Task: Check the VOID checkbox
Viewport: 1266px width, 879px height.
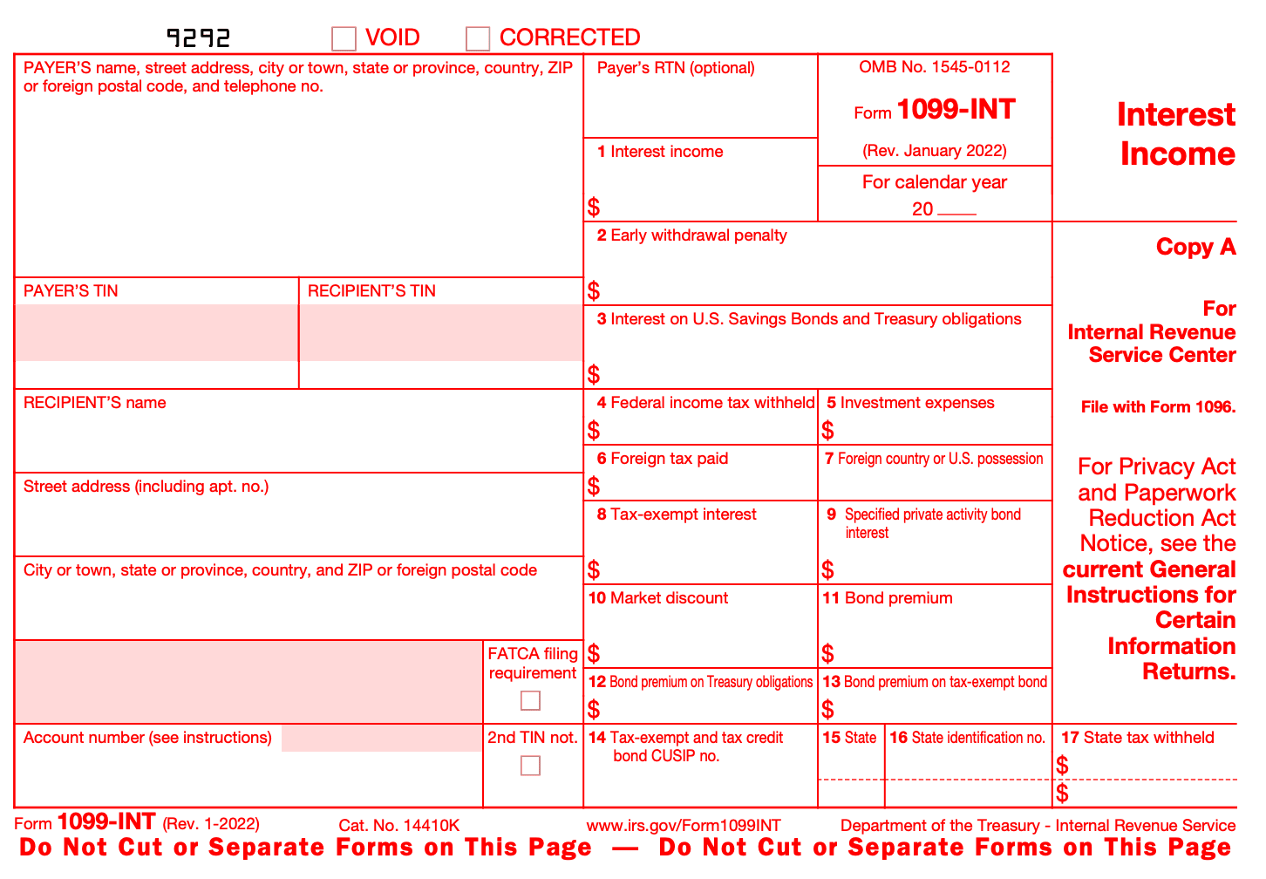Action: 344,38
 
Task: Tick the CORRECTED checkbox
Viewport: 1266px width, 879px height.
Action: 478,38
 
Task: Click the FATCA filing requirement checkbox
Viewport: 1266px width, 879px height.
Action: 530,700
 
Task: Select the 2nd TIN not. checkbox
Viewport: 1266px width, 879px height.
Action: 530,765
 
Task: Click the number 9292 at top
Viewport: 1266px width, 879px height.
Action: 199,37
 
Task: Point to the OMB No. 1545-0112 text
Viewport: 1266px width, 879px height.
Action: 934,67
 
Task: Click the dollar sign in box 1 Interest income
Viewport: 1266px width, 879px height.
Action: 594,207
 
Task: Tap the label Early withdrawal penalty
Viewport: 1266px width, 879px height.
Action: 698,235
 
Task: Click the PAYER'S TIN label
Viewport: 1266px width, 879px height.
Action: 71,291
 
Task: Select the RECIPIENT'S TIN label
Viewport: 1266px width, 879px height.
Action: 371,291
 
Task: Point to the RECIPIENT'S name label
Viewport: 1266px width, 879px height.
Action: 94,403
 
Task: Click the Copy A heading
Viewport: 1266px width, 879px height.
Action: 1195,248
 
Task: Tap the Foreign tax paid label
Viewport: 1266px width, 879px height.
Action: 669,459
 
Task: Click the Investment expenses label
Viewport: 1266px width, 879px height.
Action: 916,403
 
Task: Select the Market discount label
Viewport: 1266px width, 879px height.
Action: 669,598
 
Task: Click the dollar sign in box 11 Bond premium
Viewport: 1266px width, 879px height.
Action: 827,653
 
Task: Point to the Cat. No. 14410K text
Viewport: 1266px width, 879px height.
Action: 398,826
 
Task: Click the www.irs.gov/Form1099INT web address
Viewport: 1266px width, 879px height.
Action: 684,826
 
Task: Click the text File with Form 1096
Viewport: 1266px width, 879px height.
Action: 1158,407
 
